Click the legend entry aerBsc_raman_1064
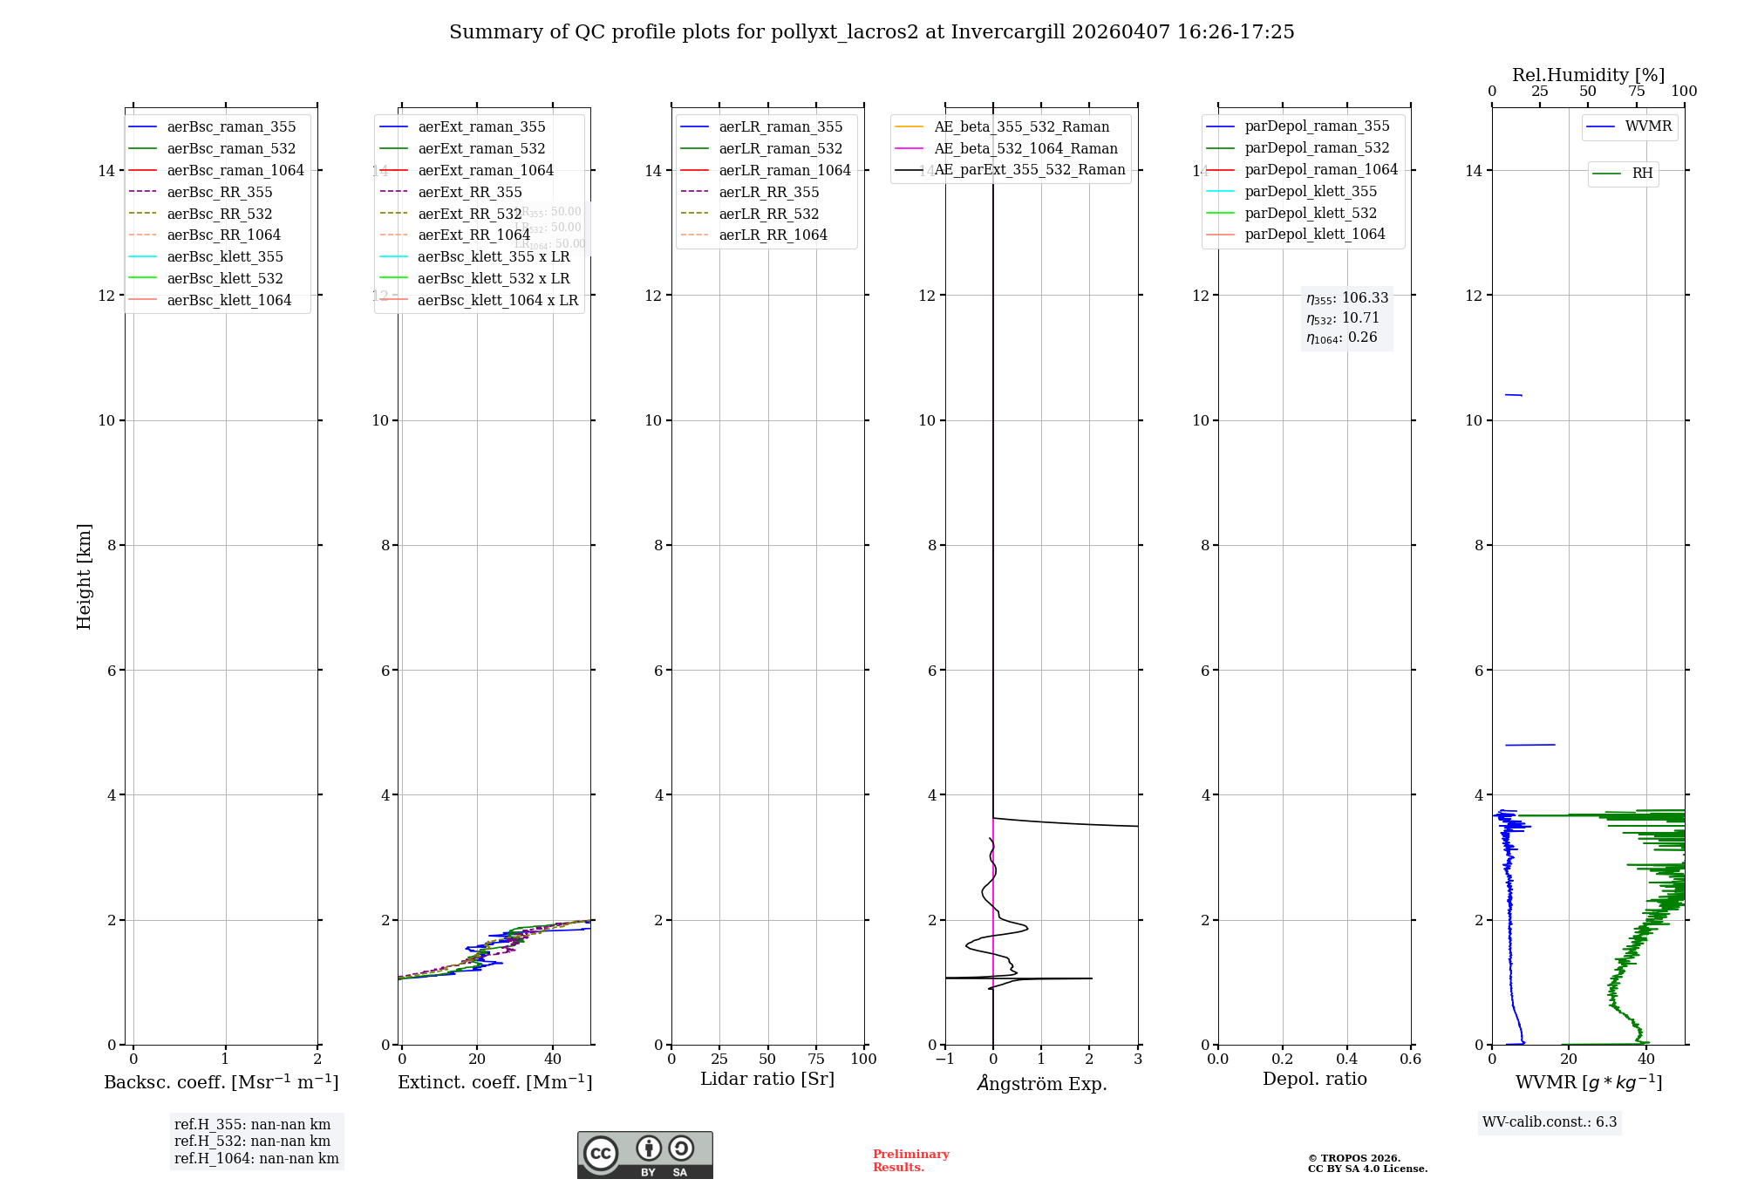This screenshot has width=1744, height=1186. pyautogui.click(x=235, y=170)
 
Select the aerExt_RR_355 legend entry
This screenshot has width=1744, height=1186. pyautogui.click(x=469, y=192)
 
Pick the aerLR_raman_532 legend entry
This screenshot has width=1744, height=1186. pyautogui.click(x=780, y=148)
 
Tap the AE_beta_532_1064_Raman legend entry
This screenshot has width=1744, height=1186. pyautogui.click(x=1025, y=148)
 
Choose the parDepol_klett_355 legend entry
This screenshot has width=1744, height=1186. pyautogui.click(x=1311, y=191)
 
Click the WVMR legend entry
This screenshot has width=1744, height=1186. pyautogui.click(x=1648, y=126)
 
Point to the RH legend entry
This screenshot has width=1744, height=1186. pyautogui.click(x=1642, y=174)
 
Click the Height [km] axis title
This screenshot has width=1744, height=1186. pyautogui.click(x=84, y=576)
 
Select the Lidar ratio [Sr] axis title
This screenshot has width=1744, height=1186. pyautogui.click(x=767, y=1079)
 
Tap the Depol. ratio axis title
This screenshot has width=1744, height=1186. pyautogui.click(x=1314, y=1079)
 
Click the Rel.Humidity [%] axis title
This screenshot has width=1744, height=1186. pyautogui.click(x=1588, y=75)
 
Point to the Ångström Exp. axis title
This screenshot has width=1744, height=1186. pyautogui.click(x=1042, y=1083)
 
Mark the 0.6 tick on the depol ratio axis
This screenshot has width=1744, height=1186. pyautogui.click(x=1410, y=1059)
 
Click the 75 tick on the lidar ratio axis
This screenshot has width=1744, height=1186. pyautogui.click(x=816, y=1059)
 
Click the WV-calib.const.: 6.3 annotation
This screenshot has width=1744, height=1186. pyautogui.click(x=1550, y=1121)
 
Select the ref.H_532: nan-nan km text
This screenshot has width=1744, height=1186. pyautogui.click(x=252, y=1141)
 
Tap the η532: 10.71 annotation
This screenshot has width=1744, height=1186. pyautogui.click(x=1343, y=318)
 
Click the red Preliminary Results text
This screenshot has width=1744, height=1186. pyautogui.click(x=910, y=1161)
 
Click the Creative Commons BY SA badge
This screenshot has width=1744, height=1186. pyautogui.click(x=644, y=1155)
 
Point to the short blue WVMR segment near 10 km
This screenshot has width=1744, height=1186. pyautogui.click(x=1513, y=395)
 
